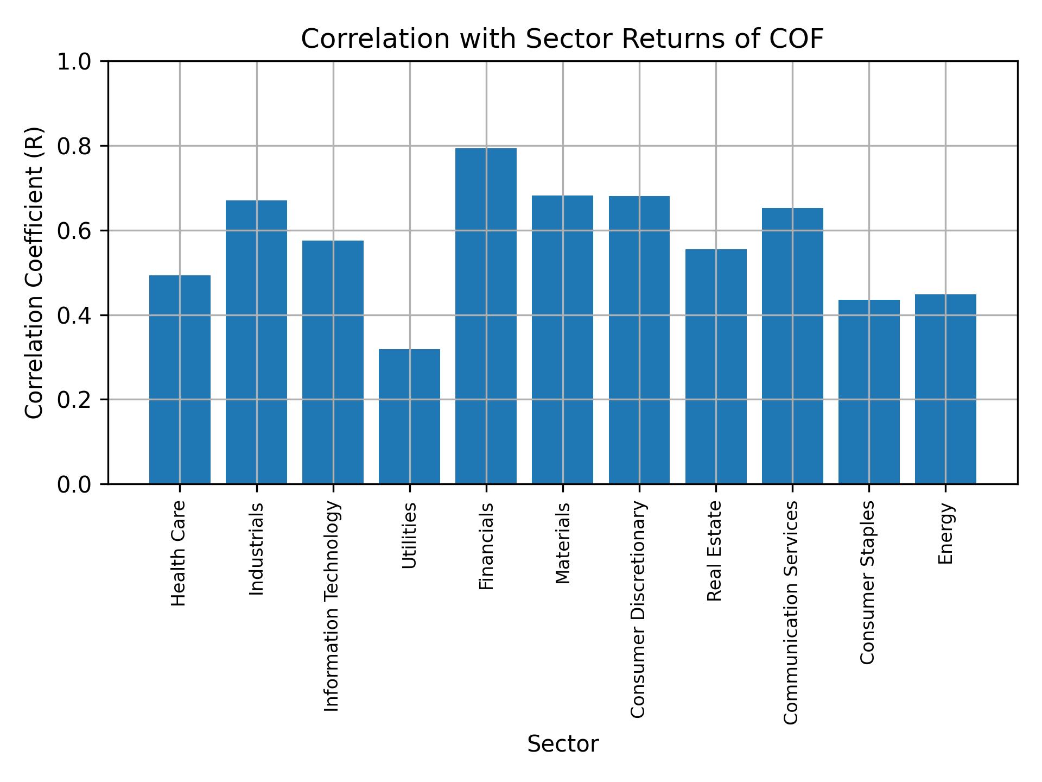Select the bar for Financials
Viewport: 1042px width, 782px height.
(486, 316)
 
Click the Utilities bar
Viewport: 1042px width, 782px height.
(409, 416)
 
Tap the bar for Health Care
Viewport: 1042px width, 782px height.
(180, 379)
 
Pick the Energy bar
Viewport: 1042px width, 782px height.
(945, 389)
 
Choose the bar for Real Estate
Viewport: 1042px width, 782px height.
(716, 366)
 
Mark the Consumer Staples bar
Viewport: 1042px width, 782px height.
(869, 392)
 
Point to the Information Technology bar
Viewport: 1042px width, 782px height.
(333, 362)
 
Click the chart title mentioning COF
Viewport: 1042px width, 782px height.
(562, 39)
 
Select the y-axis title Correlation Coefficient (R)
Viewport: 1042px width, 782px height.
(34, 273)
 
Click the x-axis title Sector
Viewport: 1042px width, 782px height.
(563, 744)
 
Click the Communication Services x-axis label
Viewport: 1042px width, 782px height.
(791, 612)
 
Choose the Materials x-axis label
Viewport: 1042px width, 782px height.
(563, 543)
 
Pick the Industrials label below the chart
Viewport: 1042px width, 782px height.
(256, 548)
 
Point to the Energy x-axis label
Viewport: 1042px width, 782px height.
(945, 533)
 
